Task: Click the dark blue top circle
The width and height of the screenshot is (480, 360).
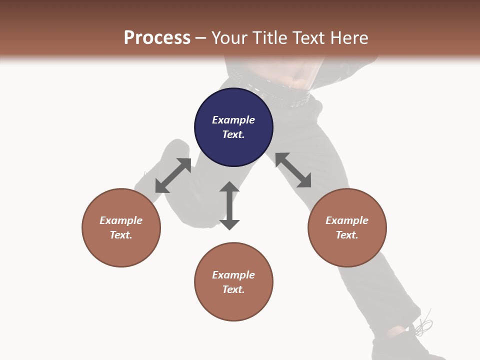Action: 233,127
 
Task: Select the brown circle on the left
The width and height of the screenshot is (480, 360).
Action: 121,227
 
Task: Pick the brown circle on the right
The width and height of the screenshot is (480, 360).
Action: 346,227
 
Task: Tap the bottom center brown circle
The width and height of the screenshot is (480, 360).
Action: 233,282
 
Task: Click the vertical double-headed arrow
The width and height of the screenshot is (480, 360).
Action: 229,206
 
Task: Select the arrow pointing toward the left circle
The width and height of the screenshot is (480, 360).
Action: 173,175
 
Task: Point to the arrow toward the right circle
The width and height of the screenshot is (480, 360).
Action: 293,170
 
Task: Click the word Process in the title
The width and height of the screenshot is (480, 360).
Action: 157,38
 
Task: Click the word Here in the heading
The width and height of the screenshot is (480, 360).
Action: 348,38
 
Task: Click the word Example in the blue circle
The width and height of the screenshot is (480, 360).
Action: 233,120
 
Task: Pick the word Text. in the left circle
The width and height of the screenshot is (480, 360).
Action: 121,235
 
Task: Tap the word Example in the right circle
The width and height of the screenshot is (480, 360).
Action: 346,220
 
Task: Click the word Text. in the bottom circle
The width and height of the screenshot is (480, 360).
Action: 233,289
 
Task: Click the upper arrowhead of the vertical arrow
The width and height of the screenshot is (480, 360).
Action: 229,186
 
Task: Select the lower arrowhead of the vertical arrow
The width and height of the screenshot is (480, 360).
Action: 229,224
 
